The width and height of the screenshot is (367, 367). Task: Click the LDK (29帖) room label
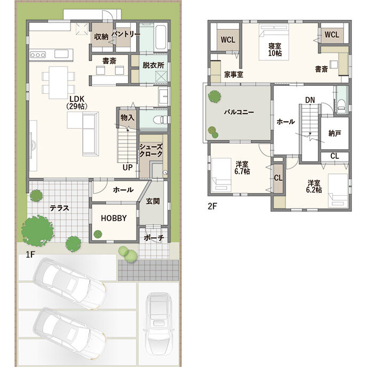(x=77, y=102)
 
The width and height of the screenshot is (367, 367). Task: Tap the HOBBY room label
(x=114, y=218)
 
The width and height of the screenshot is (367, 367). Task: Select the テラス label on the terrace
(x=59, y=208)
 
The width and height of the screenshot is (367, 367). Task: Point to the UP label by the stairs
(x=127, y=167)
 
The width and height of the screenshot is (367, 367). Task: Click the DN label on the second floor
(x=310, y=100)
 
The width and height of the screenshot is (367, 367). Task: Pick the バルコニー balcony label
(x=239, y=112)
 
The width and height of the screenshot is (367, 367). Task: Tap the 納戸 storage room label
(x=334, y=133)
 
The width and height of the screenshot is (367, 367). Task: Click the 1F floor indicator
(x=30, y=254)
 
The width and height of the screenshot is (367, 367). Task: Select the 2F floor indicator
(x=212, y=206)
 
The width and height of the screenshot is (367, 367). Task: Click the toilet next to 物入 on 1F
(x=161, y=120)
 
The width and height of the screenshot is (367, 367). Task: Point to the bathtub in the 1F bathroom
(x=161, y=37)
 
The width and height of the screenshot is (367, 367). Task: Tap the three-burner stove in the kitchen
(x=38, y=55)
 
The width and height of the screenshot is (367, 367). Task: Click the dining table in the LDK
(x=58, y=82)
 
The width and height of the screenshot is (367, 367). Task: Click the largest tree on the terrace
(x=37, y=231)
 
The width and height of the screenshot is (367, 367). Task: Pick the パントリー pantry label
(x=126, y=34)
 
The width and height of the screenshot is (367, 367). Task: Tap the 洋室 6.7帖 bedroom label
(x=242, y=167)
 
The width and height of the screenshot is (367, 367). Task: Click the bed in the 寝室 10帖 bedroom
(x=274, y=42)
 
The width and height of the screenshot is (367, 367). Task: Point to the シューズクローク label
(x=151, y=150)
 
